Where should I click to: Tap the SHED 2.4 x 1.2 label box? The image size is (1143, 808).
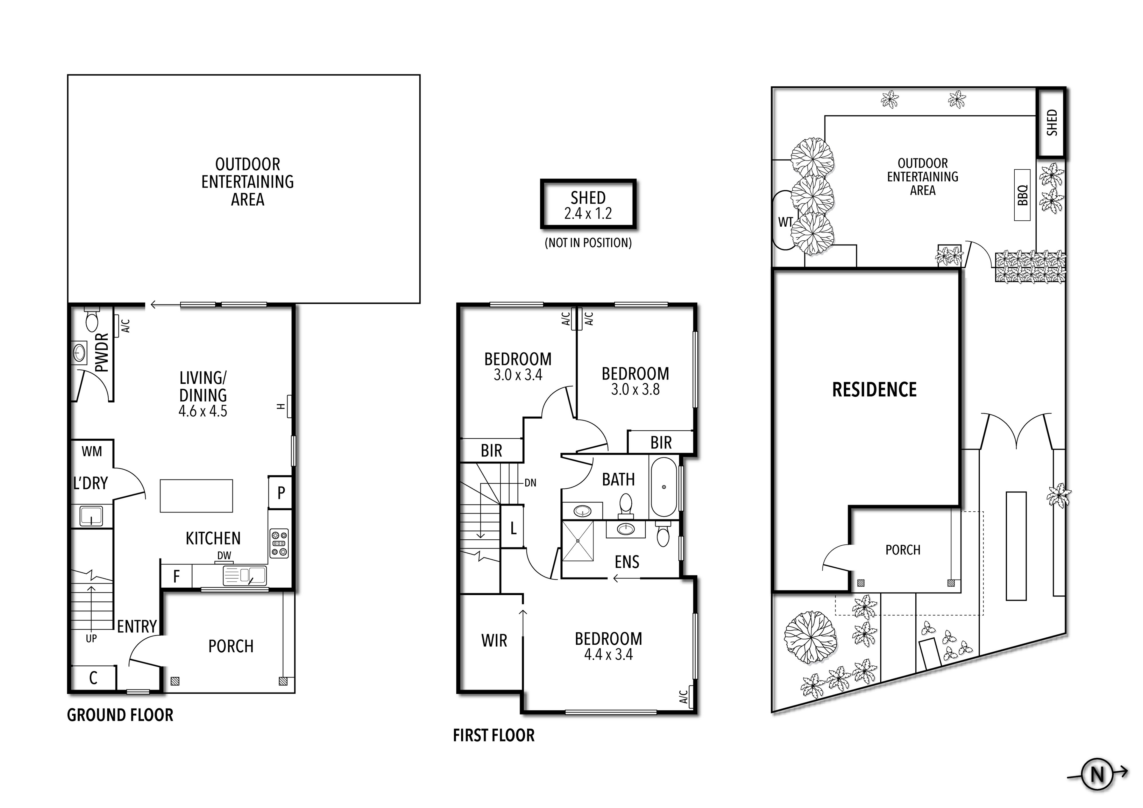588,204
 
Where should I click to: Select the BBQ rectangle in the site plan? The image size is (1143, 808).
1022,195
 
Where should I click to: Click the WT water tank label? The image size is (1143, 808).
785,222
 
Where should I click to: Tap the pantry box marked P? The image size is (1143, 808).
280,493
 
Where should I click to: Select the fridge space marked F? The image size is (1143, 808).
176,576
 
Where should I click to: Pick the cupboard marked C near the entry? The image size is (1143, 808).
93,678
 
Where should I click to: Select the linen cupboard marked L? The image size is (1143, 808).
513,528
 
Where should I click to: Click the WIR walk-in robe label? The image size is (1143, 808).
494,641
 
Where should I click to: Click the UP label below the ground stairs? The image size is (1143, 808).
91,639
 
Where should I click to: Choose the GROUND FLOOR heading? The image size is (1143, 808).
120,715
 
